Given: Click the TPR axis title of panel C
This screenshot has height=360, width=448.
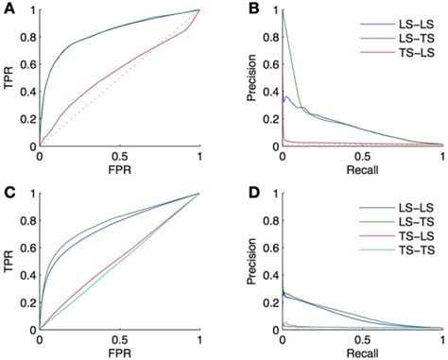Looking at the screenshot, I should (9, 262).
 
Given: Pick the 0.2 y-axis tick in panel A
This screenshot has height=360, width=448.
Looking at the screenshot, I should (28, 119).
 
